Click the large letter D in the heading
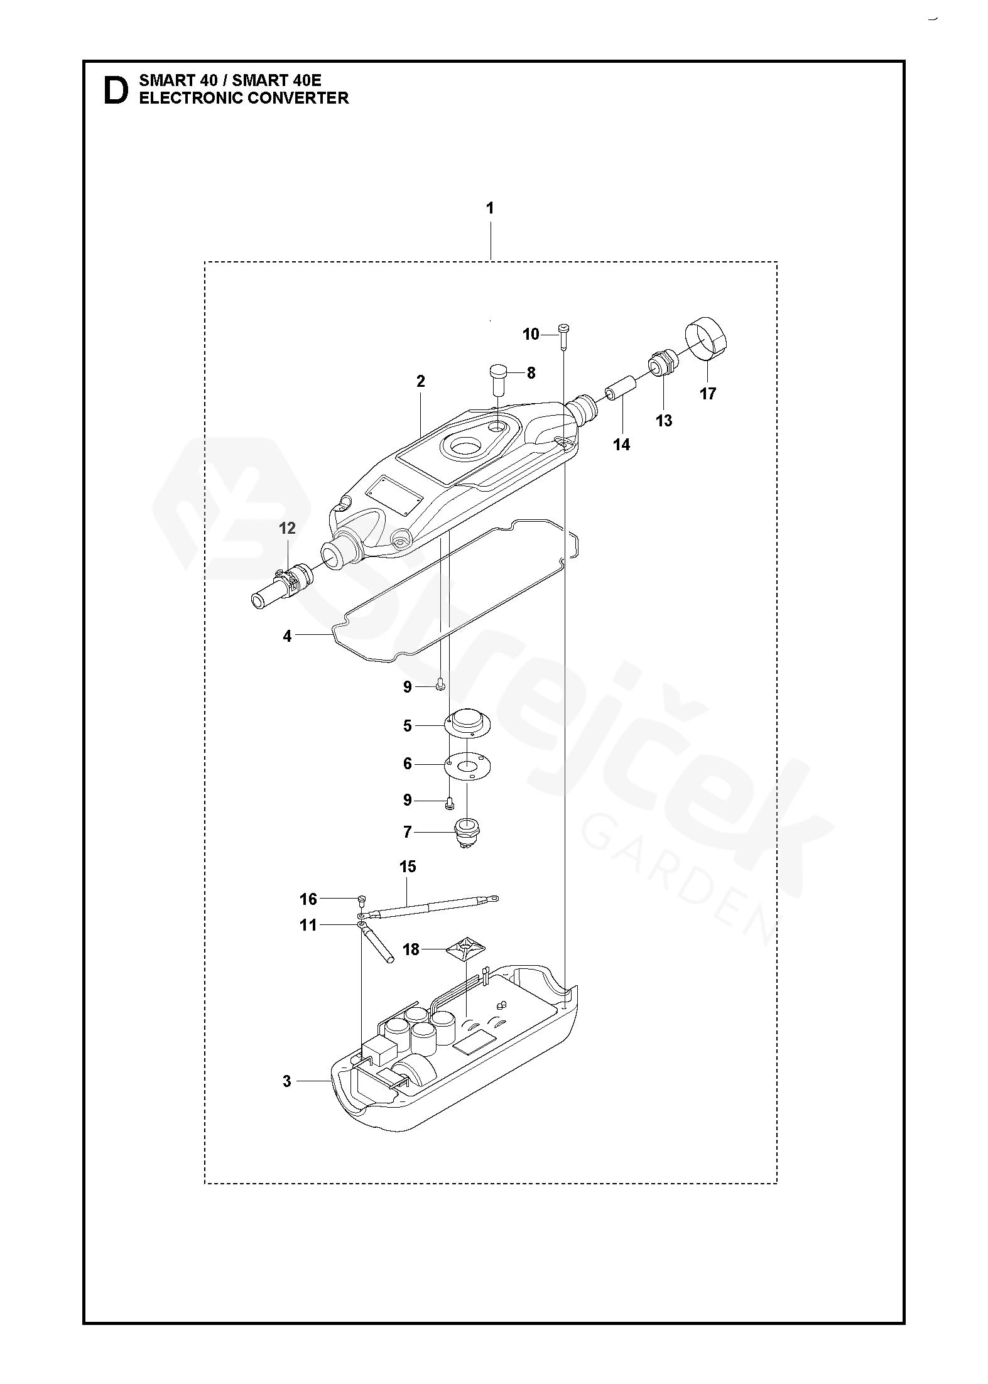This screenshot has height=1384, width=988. [115, 90]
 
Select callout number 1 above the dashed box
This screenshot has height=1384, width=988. [490, 208]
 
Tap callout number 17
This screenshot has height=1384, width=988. [708, 394]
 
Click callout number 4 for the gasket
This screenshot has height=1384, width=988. [287, 636]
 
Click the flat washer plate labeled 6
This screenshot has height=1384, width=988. [469, 765]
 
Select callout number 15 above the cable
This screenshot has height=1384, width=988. [408, 867]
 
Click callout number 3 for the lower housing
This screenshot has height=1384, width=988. [287, 1081]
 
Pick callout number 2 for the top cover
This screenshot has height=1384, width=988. [420, 381]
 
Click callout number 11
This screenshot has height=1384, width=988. [308, 925]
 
